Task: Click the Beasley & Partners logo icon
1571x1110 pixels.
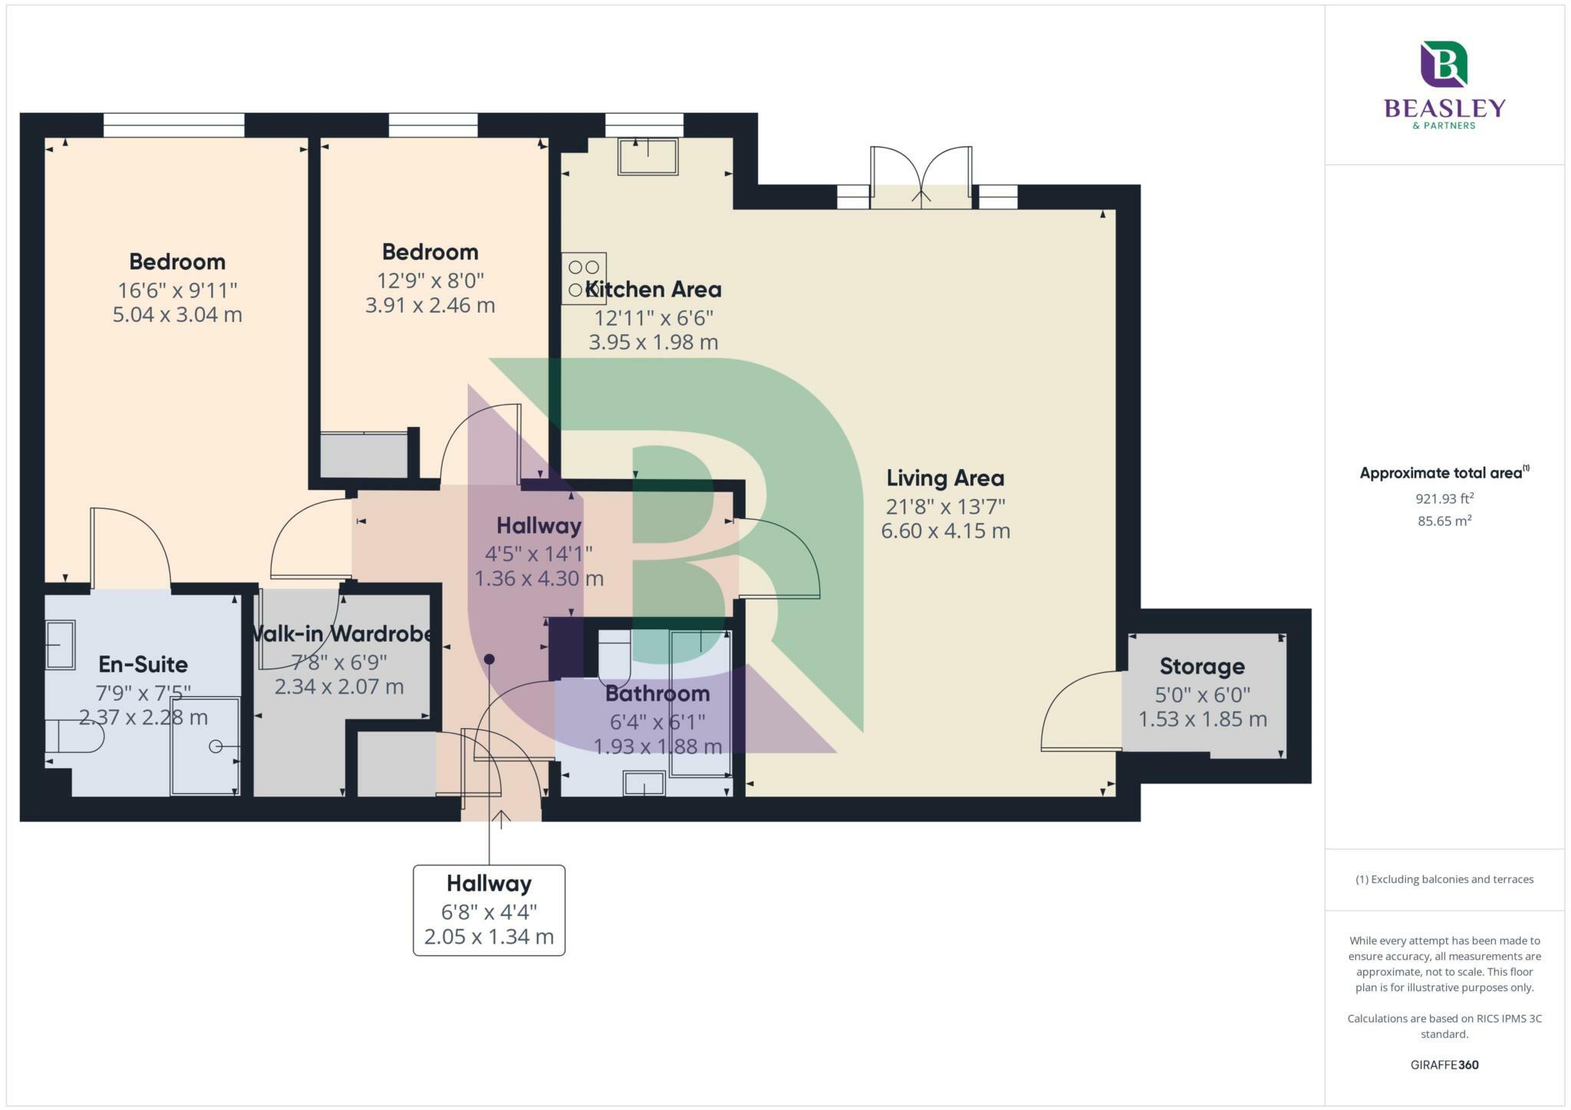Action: [1444, 64]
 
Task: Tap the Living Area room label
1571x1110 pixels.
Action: [945, 478]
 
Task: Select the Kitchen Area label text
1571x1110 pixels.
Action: [653, 290]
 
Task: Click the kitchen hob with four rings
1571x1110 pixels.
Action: [584, 278]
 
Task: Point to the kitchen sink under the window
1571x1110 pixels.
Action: [649, 156]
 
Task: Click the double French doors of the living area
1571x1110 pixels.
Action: [921, 178]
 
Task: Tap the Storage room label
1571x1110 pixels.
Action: [1202, 666]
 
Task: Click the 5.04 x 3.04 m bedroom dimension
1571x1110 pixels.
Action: [177, 315]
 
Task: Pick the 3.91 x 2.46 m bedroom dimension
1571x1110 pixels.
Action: [430, 305]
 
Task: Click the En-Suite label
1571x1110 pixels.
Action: [143, 664]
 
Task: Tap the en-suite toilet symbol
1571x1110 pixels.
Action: [74, 737]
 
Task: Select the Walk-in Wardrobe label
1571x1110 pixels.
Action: [341, 634]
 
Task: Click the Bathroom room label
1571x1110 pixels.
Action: [657, 694]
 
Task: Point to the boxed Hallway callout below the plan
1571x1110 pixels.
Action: [489, 910]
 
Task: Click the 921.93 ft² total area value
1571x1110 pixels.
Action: [1444, 499]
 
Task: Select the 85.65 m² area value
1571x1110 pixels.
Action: [1444, 521]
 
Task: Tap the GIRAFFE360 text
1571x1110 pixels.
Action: [1444, 1065]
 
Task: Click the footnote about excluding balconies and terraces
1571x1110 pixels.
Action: [1444, 879]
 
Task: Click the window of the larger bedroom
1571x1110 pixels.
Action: [174, 125]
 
